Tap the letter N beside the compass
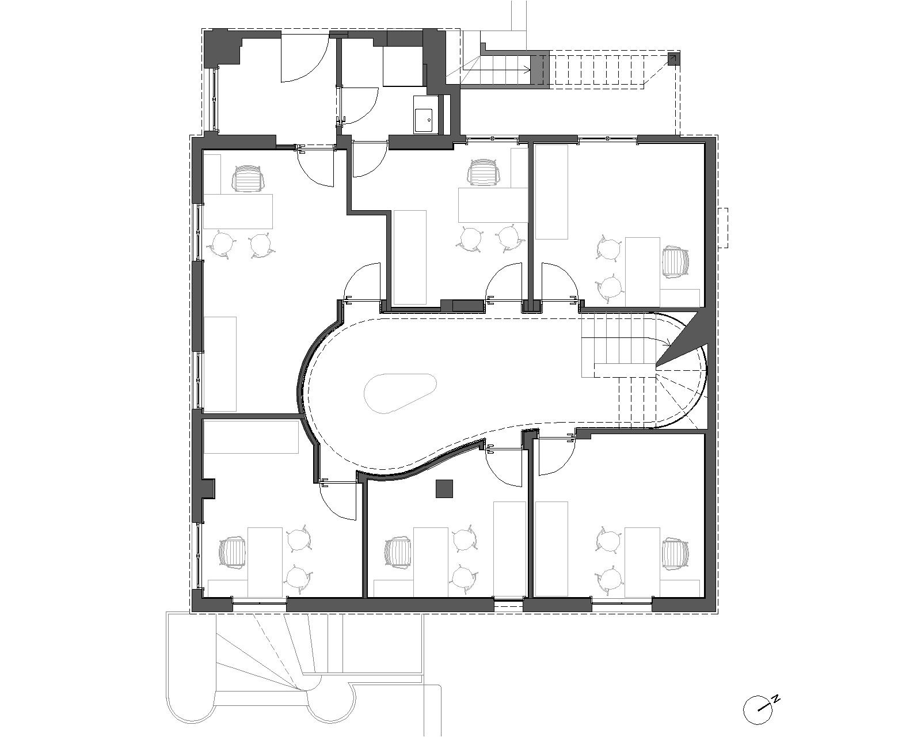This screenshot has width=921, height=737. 776,700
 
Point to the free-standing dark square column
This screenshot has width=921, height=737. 444,489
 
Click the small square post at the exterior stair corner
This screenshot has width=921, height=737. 673,59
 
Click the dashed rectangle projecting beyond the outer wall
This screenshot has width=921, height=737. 723,227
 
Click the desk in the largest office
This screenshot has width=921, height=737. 238,211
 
